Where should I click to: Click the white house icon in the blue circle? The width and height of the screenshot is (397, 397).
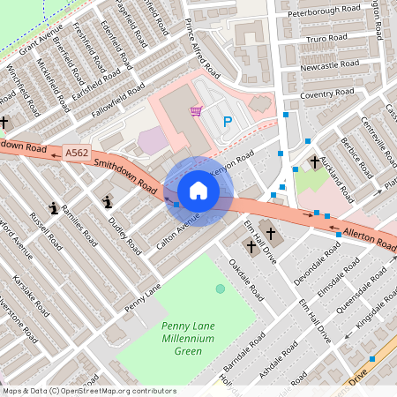pyautogui.click(x=198, y=191)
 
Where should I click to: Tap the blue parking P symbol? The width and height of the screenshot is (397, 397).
pyautogui.click(x=228, y=123)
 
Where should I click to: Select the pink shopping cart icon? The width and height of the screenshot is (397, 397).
pyautogui.click(x=196, y=111)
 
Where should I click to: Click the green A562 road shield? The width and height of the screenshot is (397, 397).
pyautogui.click(x=75, y=153)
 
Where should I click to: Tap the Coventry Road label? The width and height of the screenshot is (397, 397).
pyautogui.click(x=326, y=94)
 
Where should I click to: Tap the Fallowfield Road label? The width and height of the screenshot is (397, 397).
pyautogui.click(x=116, y=101)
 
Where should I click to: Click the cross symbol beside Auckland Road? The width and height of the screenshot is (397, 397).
pyautogui.click(x=315, y=162)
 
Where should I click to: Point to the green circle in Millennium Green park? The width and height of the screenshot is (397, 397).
pyautogui.click(x=221, y=288)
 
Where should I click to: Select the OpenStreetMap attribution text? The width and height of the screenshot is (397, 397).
pyautogui.click(x=89, y=391)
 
